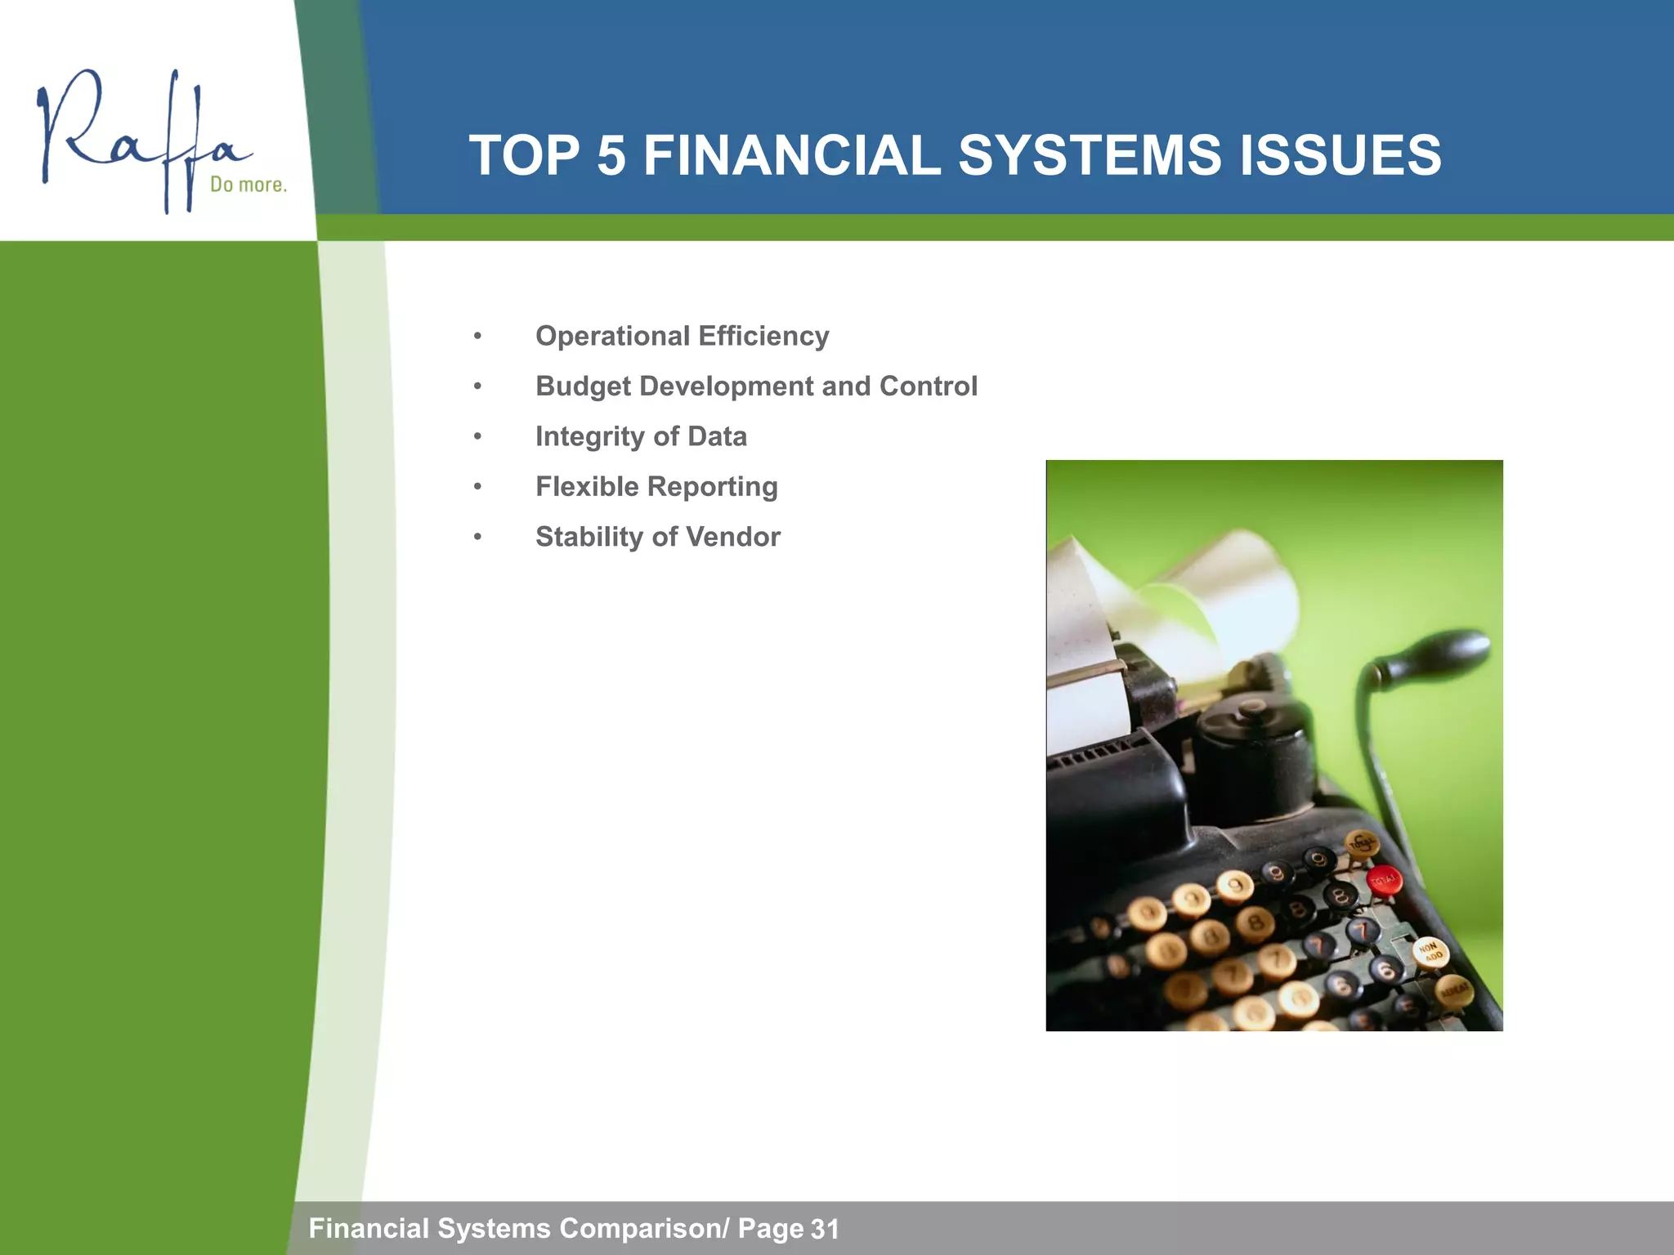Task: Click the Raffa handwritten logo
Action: pyautogui.click(x=139, y=135)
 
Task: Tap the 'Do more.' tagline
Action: pyautogui.click(x=248, y=185)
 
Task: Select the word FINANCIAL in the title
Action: pyautogui.click(x=791, y=155)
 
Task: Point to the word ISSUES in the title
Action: pyautogui.click(x=1341, y=155)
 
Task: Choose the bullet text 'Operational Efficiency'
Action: pyautogui.click(x=682, y=336)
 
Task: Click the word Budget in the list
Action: pyautogui.click(x=583, y=386)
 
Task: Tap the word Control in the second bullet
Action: pyautogui.click(x=928, y=386)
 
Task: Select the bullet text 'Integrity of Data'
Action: pyautogui.click(x=641, y=436)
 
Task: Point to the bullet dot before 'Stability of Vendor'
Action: pyautogui.click(x=478, y=537)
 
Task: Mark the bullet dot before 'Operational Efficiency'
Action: pyautogui.click(x=478, y=337)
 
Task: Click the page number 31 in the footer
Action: pyautogui.click(x=825, y=1229)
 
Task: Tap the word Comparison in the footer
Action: pyautogui.click(x=639, y=1228)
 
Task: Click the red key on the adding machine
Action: pyautogui.click(x=1385, y=881)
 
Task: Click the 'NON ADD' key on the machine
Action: pyautogui.click(x=1430, y=953)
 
